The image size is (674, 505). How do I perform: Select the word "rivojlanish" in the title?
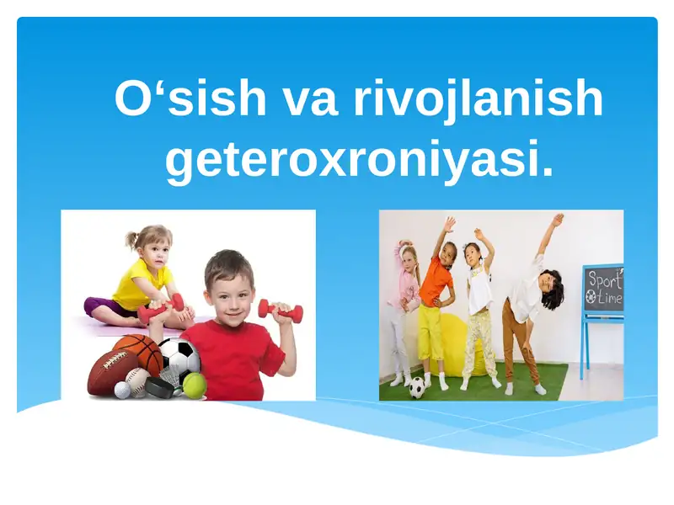[478, 99]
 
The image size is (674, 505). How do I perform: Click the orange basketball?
[136, 353]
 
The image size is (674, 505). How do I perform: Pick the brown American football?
[108, 372]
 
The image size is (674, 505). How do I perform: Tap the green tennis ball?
[195, 385]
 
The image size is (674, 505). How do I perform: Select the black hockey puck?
[160, 387]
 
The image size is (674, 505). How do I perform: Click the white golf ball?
[123, 390]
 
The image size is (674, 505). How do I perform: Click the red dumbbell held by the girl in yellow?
[160, 308]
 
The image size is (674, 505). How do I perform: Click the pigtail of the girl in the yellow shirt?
[130, 241]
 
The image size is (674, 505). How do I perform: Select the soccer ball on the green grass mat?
[417, 387]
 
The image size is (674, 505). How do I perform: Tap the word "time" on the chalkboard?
[607, 297]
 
